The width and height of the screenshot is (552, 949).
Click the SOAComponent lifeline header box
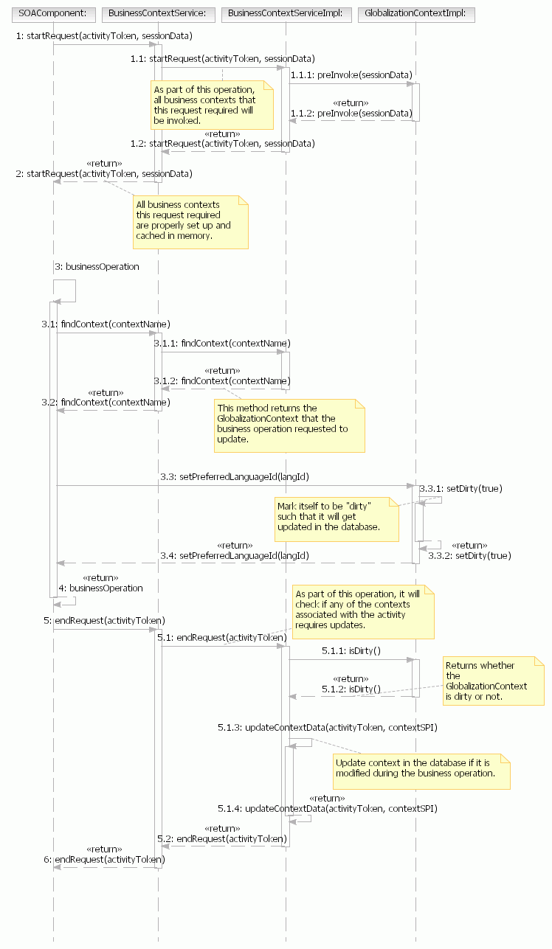coord(53,14)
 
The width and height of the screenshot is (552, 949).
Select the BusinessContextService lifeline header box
coord(157,14)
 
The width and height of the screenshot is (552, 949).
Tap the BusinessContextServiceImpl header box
coord(285,14)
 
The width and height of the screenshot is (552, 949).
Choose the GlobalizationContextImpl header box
coord(415,14)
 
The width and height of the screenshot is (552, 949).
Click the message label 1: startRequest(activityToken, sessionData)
coord(104,35)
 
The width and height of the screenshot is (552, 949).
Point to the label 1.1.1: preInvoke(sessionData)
coord(351,75)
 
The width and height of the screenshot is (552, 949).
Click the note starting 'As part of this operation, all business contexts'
coord(211,105)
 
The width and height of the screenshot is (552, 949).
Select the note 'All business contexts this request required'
coord(190,221)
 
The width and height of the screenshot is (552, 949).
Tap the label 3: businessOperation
coord(97,267)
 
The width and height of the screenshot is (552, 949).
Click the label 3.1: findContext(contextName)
coord(106,324)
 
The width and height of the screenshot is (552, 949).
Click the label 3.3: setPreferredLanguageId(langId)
coord(234,477)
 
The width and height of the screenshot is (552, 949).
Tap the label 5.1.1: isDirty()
coord(351,650)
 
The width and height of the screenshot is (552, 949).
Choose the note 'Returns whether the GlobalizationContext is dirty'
coord(492,681)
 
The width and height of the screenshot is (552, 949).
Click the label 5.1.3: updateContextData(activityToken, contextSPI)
coord(328,728)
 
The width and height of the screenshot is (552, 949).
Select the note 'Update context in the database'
coord(421,768)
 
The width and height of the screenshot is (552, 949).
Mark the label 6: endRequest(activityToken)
coord(104,859)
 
